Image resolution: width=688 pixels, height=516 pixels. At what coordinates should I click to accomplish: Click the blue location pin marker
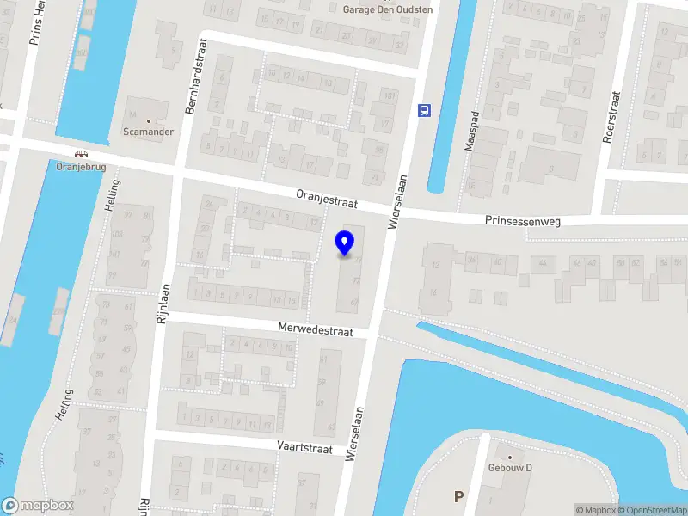(x=345, y=243)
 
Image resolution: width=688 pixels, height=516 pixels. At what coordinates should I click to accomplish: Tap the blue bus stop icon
(x=424, y=109)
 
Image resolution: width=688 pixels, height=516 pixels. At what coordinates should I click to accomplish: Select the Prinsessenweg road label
(x=522, y=221)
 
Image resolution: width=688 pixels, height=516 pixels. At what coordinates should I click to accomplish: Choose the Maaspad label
(x=470, y=131)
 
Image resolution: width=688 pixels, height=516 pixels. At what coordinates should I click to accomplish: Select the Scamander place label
(x=148, y=132)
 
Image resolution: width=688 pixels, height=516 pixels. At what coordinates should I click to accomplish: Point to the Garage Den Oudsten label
(x=387, y=9)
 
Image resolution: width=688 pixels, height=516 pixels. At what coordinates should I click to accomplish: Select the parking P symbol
(x=458, y=496)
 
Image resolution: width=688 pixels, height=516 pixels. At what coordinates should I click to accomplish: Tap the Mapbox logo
(x=38, y=506)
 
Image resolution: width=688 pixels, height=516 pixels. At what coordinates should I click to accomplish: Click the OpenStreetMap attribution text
(x=651, y=510)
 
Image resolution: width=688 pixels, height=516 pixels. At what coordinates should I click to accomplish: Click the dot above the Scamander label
(x=148, y=120)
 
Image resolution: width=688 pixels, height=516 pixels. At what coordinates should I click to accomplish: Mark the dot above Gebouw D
(x=510, y=458)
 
